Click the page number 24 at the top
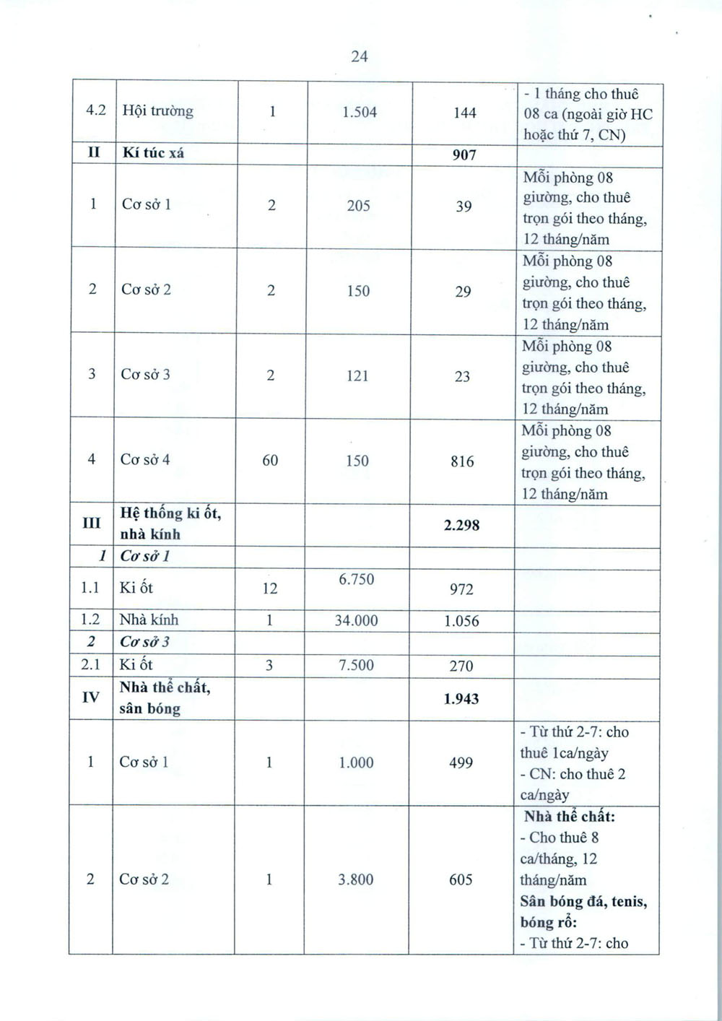[360, 56]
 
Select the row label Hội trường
[157, 111]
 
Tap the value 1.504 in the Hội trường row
[360, 112]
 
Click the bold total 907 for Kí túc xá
[464, 155]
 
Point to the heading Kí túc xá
[153, 153]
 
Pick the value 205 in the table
[358, 206]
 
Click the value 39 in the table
[464, 207]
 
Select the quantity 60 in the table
[270, 460]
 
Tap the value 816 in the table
[462, 461]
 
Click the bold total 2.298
[462, 526]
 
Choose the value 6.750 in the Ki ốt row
[357, 579]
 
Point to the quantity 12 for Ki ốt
[269, 588]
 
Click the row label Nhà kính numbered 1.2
[149, 620]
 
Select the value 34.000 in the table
[357, 620]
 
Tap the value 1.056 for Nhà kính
[461, 621]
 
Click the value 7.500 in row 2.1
[357, 665]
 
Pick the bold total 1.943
[461, 699]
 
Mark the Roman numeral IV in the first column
[90, 698]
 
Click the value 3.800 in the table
[356, 879]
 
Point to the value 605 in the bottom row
[461, 879]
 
